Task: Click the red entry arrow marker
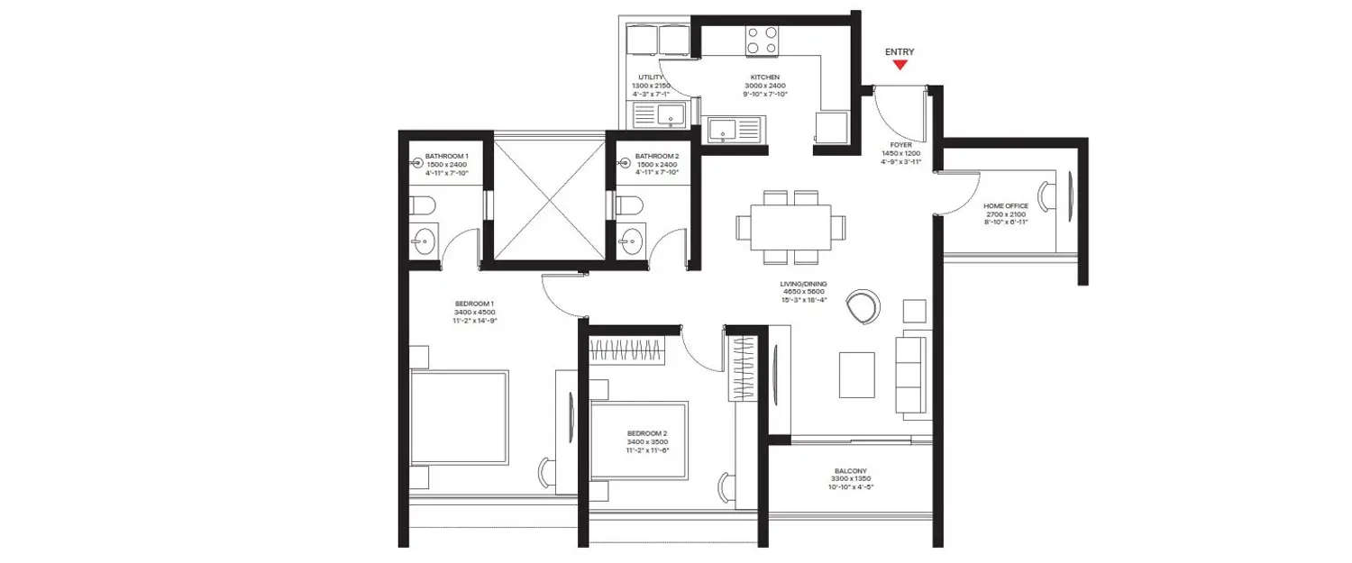pyautogui.click(x=899, y=65)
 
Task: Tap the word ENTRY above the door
pyautogui.click(x=899, y=52)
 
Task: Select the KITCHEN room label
pyautogui.click(x=764, y=77)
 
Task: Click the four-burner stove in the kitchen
pyautogui.click(x=761, y=40)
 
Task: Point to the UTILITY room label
pyautogui.click(x=651, y=77)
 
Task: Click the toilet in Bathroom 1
pyautogui.click(x=421, y=207)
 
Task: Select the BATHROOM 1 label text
pyautogui.click(x=447, y=157)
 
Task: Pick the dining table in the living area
pyautogui.click(x=783, y=226)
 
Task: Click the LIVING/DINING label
pyautogui.click(x=804, y=284)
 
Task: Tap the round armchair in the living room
pyautogui.click(x=863, y=307)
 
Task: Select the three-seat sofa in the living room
pyautogui.click(x=912, y=374)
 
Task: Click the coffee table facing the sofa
pyautogui.click(x=856, y=374)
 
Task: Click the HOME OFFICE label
pyautogui.click(x=1006, y=206)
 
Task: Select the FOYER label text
pyautogui.click(x=900, y=145)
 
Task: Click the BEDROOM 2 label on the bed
pyautogui.click(x=646, y=433)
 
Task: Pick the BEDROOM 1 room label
pyautogui.click(x=475, y=303)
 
